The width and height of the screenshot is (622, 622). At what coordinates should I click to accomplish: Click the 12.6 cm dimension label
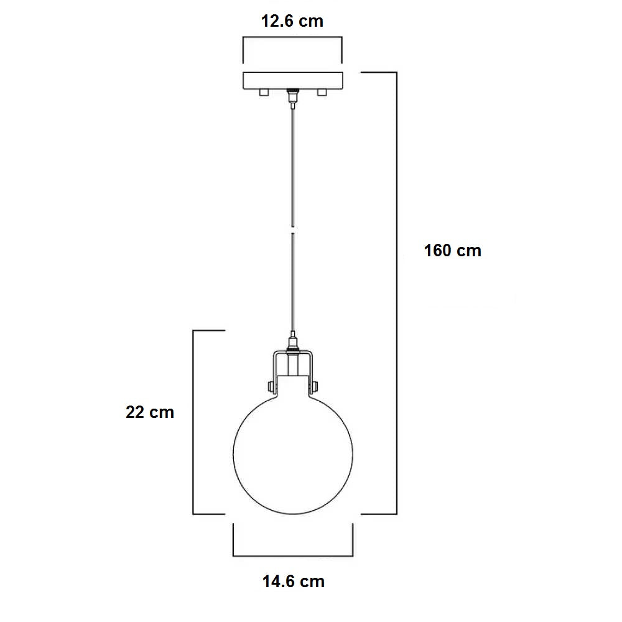[292, 21]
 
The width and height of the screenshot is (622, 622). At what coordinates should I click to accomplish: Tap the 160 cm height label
[452, 251]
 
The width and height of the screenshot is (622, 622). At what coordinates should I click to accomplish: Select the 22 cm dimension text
[150, 412]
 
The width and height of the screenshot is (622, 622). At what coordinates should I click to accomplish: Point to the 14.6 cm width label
[293, 582]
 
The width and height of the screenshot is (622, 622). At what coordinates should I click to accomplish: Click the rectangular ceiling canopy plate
[292, 80]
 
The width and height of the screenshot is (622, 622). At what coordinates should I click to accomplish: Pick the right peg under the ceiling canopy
[322, 93]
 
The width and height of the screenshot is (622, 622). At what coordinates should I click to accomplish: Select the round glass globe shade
[292, 454]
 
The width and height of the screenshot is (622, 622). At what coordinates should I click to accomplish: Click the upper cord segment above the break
[291, 162]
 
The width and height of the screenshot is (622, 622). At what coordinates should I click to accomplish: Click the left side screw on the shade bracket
[271, 386]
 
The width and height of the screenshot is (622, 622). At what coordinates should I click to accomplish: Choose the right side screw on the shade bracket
[313, 386]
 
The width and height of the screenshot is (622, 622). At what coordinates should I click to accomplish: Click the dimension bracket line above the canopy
[292, 39]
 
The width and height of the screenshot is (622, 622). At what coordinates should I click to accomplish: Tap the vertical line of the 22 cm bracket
[193, 423]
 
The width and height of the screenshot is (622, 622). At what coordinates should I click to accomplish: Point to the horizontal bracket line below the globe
[292, 555]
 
